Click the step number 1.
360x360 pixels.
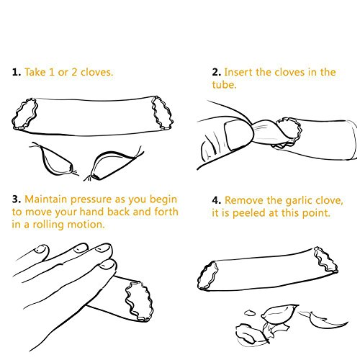coord(17,72)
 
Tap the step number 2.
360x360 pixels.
coord(216,72)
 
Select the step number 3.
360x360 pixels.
coord(17,199)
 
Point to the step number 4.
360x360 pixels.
coord(216,200)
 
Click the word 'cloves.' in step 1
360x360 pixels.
coord(96,72)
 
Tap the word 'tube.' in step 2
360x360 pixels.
coord(224,85)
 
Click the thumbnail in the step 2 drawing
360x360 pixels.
coord(238,135)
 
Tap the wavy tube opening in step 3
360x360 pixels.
coord(139,302)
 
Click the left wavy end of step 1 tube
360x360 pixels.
coord(25,114)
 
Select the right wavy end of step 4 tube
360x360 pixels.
coord(326,260)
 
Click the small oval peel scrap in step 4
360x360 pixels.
coord(250,312)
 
